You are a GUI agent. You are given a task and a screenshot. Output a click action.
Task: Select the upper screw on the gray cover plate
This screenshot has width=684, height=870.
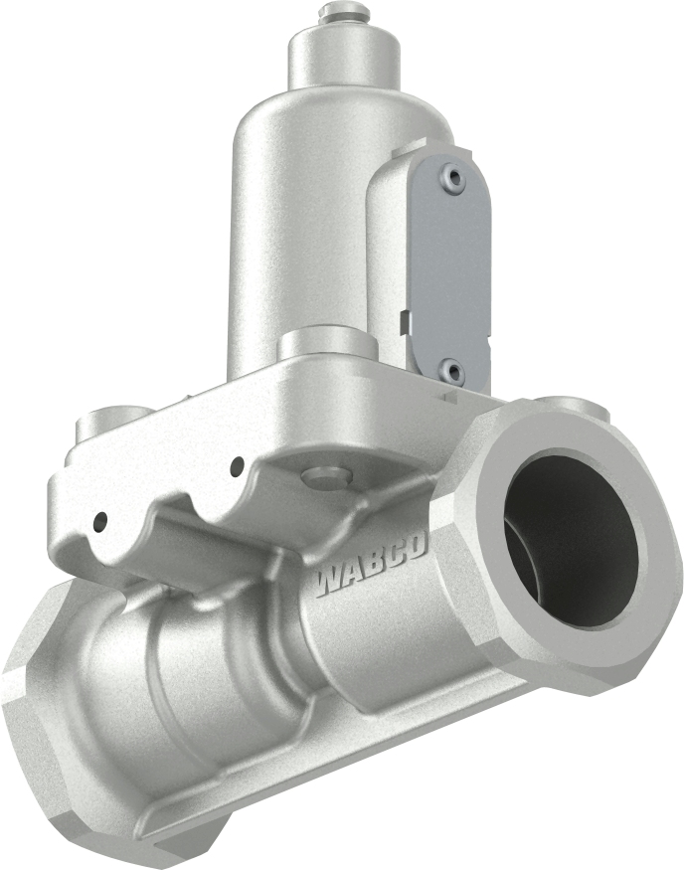pos(454,178)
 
